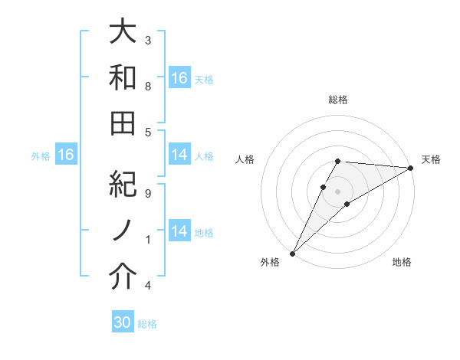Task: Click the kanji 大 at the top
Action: [123, 32]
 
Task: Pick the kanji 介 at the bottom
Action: [123, 277]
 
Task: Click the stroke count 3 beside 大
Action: [148, 40]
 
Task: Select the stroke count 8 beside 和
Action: [148, 87]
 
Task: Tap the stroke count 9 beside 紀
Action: [148, 194]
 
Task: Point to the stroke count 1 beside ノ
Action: [148, 240]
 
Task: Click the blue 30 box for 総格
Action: [123, 323]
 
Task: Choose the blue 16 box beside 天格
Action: [179, 78]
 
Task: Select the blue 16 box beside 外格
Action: [66, 155]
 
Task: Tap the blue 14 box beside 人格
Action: [179, 155]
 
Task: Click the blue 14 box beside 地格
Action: [179, 231]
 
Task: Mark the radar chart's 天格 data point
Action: [412, 168]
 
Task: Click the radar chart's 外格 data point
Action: [292, 254]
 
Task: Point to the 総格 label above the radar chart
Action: [338, 100]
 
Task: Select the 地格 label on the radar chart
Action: [402, 263]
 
